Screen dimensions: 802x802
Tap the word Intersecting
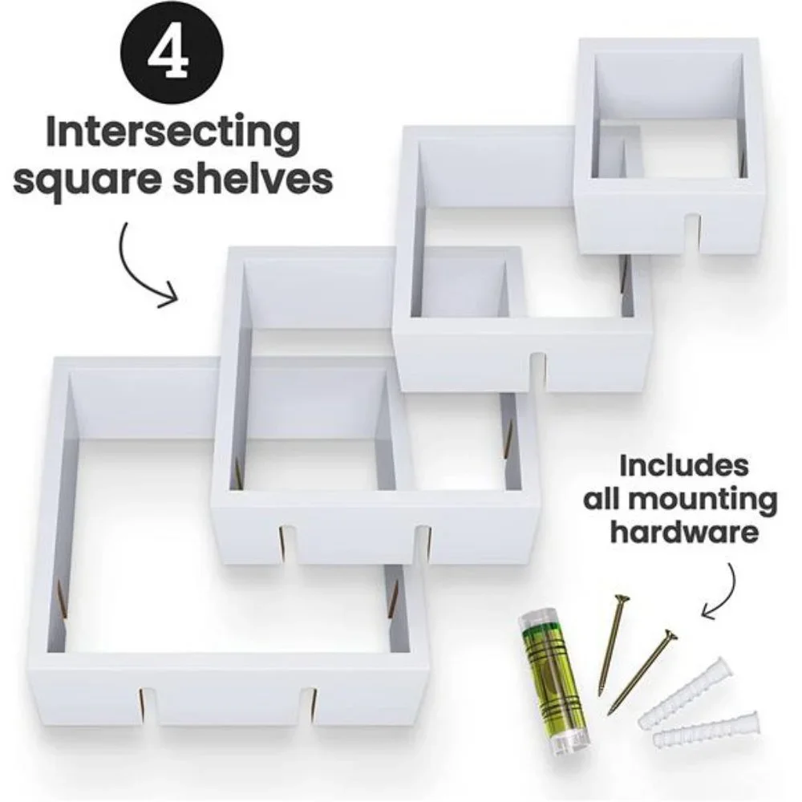coord(172,133)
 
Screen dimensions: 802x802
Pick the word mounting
coord(680,500)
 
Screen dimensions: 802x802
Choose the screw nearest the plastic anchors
coord(642,670)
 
